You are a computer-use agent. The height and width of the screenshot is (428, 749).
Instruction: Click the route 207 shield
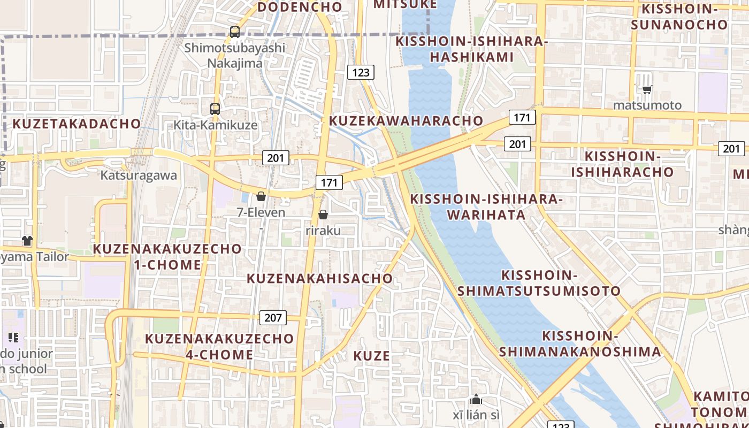click(273, 317)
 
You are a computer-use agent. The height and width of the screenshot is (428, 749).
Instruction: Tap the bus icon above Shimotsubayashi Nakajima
click(235, 32)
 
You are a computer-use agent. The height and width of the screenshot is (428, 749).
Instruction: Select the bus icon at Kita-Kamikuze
click(215, 109)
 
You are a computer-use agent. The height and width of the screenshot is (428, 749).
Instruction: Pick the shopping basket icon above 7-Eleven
click(261, 196)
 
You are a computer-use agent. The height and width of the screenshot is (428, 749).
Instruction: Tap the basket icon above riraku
click(323, 215)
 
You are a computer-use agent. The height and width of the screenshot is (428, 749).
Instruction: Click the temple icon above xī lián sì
click(476, 399)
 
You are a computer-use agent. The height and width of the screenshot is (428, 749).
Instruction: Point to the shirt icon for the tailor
click(27, 241)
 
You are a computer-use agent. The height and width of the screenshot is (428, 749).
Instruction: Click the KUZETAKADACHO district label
click(77, 124)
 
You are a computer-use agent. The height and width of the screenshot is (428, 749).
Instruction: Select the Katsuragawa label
click(139, 175)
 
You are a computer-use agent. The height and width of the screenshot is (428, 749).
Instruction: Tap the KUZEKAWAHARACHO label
click(406, 120)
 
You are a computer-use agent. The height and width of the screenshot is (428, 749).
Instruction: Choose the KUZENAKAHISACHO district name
click(319, 278)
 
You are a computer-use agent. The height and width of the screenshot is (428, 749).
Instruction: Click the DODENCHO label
click(300, 7)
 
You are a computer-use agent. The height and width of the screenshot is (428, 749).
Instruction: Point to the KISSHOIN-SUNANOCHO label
click(679, 17)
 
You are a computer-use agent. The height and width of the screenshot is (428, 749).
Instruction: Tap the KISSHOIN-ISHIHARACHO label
click(622, 164)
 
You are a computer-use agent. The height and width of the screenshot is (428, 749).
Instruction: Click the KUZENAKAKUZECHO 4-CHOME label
click(219, 346)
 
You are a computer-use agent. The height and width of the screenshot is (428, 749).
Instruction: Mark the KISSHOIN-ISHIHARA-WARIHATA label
click(486, 207)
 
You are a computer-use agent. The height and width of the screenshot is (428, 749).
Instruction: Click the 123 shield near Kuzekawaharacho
click(361, 72)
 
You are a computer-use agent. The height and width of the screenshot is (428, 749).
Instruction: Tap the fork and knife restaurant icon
click(13, 337)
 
